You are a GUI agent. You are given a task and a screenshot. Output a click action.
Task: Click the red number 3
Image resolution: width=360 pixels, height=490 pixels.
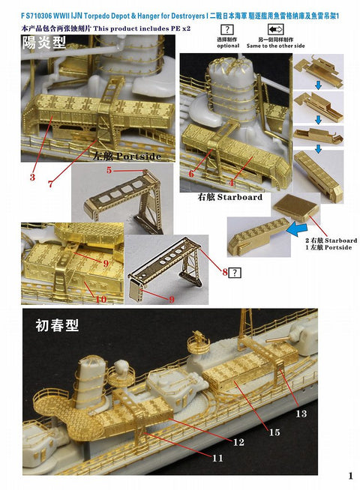33,178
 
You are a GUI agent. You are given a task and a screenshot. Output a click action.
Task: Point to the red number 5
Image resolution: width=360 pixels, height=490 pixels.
108,171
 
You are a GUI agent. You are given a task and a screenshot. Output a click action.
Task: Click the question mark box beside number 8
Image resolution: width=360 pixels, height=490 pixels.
236,273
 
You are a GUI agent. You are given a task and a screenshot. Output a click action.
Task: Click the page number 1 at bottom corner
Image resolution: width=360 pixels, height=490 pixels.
350,475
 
